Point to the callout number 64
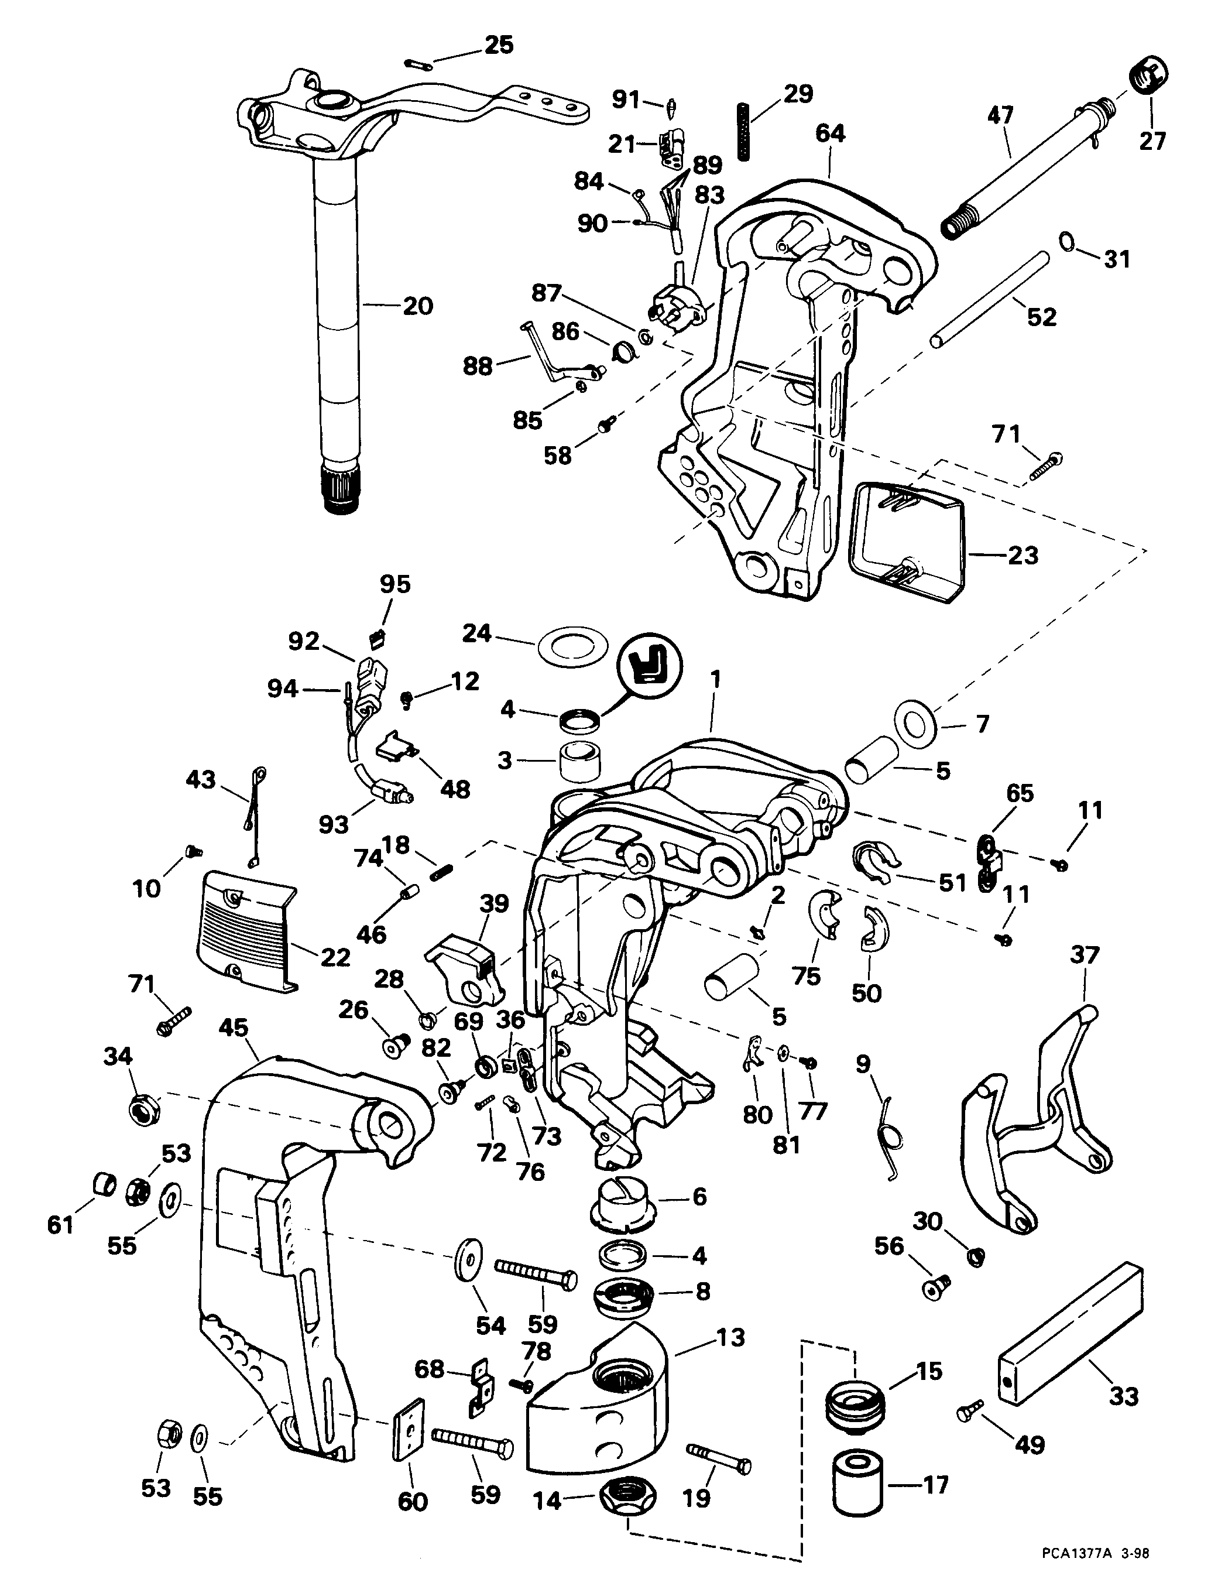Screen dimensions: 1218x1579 (831, 133)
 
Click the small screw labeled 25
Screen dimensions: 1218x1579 (421, 65)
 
